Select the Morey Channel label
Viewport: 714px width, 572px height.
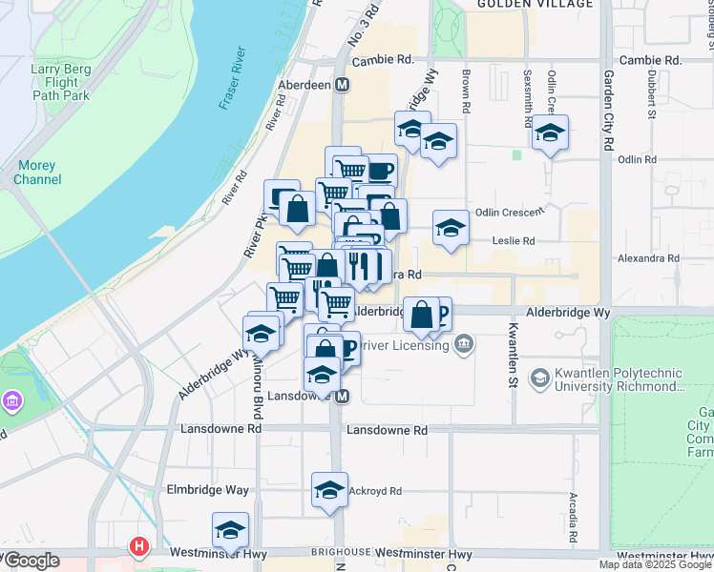pyautogui.click(x=38, y=173)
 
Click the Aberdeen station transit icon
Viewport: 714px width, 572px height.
pyautogui.click(x=342, y=85)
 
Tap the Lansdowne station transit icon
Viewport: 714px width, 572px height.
pyautogui.click(x=342, y=396)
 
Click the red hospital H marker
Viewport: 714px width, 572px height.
pyautogui.click(x=139, y=547)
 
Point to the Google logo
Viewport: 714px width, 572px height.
pyautogui.click(x=31, y=561)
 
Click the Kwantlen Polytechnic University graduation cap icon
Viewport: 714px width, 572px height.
pyautogui.click(x=539, y=378)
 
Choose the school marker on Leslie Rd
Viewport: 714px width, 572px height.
pyautogui.click(x=451, y=228)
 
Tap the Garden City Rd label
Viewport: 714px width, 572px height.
pyautogui.click(x=606, y=112)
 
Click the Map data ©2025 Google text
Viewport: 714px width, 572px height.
pyautogui.click(x=656, y=564)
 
